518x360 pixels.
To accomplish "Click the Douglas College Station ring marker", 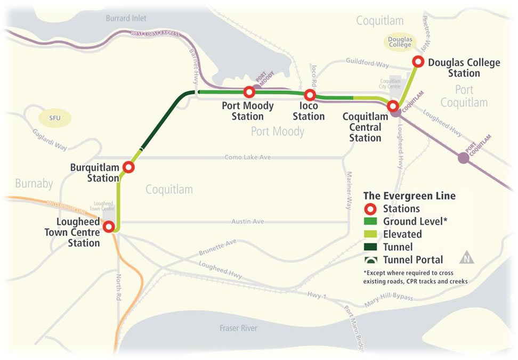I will click(x=418, y=62).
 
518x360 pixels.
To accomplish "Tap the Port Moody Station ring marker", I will click(x=248, y=92).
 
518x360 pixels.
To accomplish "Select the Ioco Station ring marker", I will click(x=310, y=95).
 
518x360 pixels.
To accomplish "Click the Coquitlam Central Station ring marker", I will click(x=393, y=106).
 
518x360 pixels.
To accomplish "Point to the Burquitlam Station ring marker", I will click(x=128, y=167).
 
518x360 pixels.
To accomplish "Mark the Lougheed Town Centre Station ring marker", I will click(x=109, y=227).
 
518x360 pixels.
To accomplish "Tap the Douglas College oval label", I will click(x=400, y=42).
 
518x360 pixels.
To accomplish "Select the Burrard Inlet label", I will click(x=126, y=18).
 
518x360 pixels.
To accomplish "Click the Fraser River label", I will click(x=238, y=328).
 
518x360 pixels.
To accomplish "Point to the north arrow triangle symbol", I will click(x=467, y=258).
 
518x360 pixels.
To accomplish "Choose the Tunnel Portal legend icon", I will click(x=371, y=260).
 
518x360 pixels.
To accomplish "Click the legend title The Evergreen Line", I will click(x=409, y=196).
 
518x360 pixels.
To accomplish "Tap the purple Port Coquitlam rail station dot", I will click(x=463, y=157).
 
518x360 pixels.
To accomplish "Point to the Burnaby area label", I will click(x=34, y=184).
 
